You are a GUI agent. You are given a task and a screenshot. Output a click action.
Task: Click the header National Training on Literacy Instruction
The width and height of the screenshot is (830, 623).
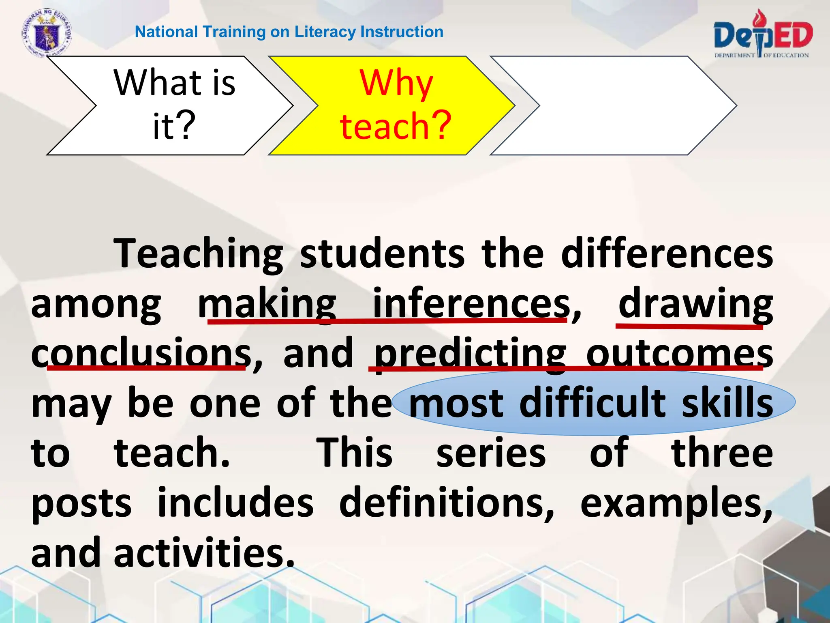tap(289, 32)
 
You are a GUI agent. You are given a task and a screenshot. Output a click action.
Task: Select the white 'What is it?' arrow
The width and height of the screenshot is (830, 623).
tap(170, 105)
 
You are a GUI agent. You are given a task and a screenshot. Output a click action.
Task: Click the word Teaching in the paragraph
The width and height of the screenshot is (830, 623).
tap(199, 254)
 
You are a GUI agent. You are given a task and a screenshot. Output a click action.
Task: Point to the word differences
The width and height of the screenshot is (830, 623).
tap(667, 253)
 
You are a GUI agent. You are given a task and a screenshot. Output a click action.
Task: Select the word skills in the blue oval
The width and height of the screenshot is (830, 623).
tap(727, 403)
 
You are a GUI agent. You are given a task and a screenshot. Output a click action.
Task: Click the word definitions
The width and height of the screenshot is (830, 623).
tap(446, 503)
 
